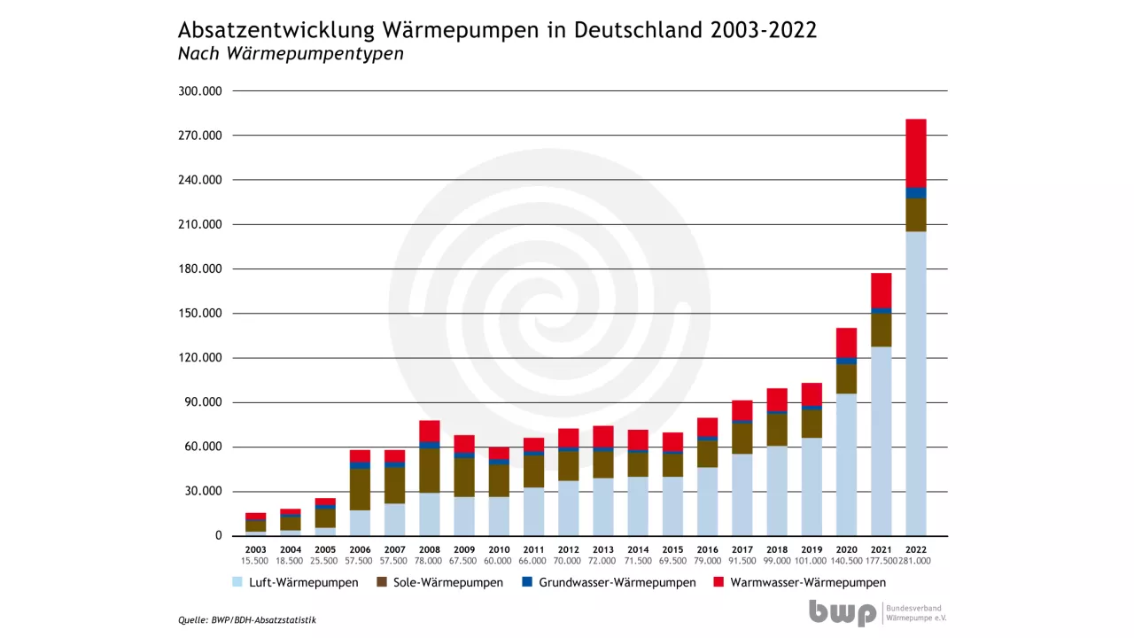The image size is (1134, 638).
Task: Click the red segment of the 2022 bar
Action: pyautogui.click(x=915, y=152)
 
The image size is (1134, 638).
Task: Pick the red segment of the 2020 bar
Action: pyautogui.click(x=846, y=342)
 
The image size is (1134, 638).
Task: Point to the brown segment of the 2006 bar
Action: pyautogui.click(x=360, y=489)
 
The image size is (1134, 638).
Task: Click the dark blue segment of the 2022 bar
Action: pyautogui.click(x=915, y=192)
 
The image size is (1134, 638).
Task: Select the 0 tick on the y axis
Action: pyautogui.click(x=217, y=536)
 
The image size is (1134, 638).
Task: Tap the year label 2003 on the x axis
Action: pyautogui.click(x=255, y=549)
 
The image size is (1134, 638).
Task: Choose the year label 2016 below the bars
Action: pyautogui.click(x=707, y=549)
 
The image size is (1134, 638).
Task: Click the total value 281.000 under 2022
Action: pyautogui.click(x=916, y=561)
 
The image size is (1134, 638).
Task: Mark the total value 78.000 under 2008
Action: pyautogui.click(x=430, y=561)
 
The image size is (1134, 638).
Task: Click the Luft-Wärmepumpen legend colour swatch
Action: pyautogui.click(x=237, y=582)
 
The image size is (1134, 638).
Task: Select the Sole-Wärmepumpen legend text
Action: pyautogui.click(x=447, y=582)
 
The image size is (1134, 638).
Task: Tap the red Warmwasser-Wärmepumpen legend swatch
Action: pyautogui.click(x=718, y=582)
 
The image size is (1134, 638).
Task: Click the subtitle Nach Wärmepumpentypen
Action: pyautogui.click(x=291, y=54)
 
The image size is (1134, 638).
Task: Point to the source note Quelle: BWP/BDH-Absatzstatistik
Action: pyautogui.click(x=247, y=620)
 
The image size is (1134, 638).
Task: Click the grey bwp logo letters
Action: pyautogui.click(x=842, y=613)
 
